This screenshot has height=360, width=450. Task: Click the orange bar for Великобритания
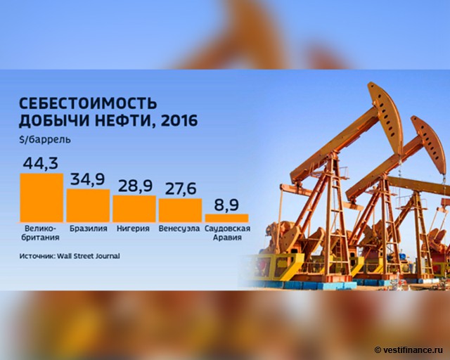(41, 198)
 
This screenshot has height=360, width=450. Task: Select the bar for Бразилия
(88, 205)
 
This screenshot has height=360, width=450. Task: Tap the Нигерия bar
(134, 208)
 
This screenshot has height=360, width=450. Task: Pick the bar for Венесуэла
(180, 210)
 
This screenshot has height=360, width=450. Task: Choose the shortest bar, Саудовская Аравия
(226, 218)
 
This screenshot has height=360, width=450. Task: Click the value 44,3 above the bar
(41, 163)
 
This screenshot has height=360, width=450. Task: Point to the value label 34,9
(87, 179)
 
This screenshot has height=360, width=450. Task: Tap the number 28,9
(135, 186)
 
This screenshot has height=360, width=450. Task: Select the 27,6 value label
(181, 188)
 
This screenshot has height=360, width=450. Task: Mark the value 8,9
(226, 205)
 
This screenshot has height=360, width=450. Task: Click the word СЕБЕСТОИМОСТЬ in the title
(88, 103)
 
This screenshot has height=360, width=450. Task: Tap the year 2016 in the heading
(179, 120)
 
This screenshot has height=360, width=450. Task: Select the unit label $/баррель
(45, 139)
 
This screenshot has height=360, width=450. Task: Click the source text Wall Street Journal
(89, 256)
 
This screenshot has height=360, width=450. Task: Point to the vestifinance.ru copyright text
(409, 350)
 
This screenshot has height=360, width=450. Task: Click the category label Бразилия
(89, 229)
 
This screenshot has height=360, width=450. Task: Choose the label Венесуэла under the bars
(179, 229)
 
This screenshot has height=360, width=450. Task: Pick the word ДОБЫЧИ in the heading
(54, 121)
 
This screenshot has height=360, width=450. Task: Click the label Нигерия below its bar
(133, 229)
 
